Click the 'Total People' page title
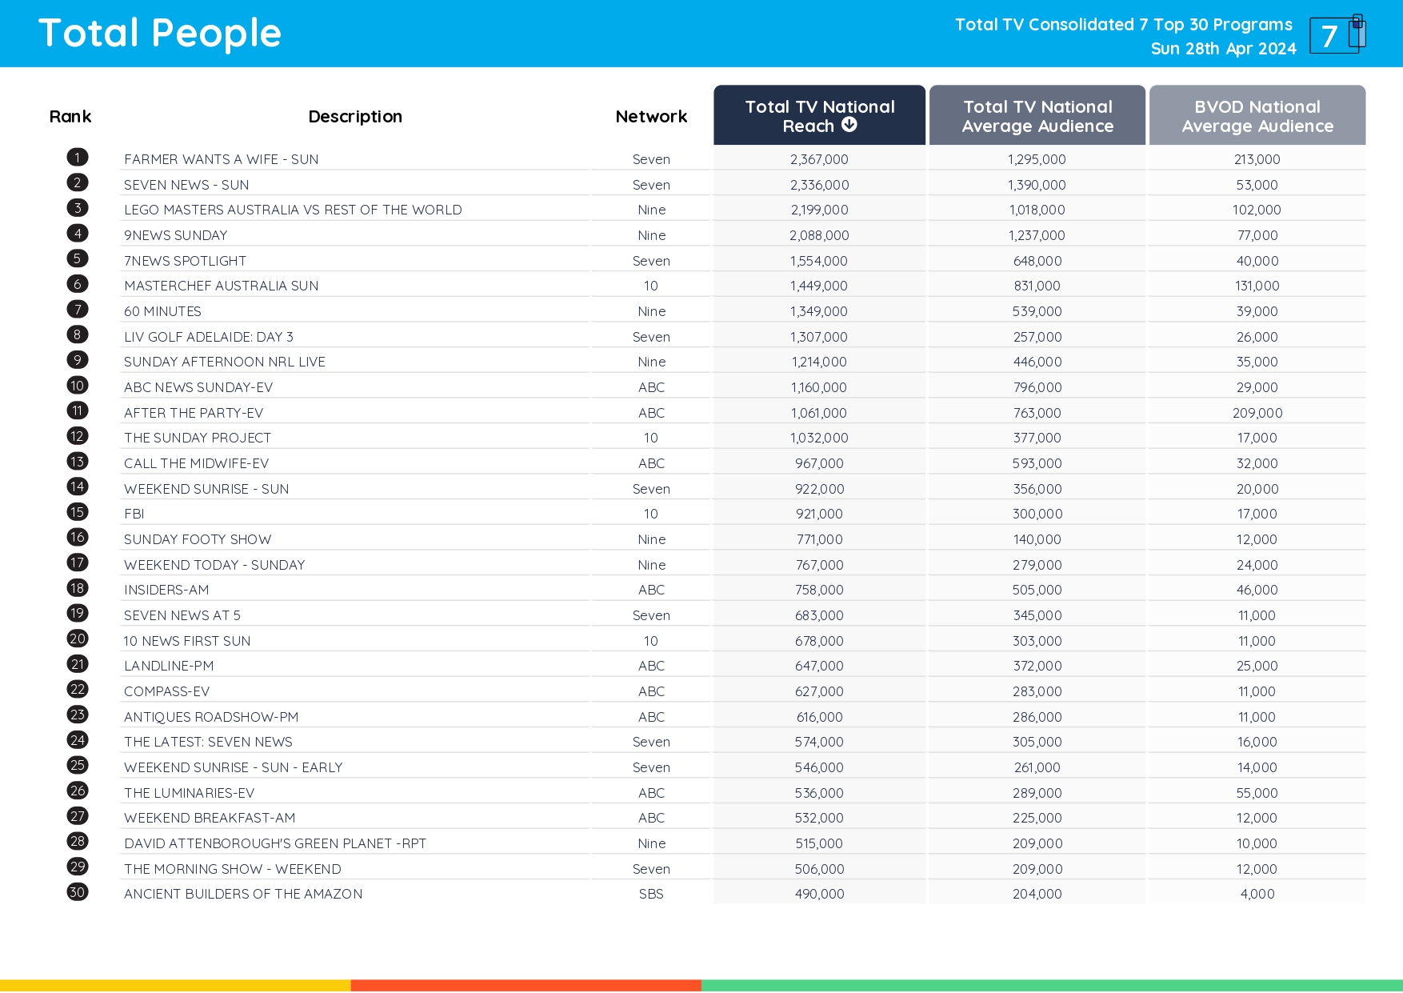pyautogui.click(x=160, y=34)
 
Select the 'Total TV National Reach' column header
pyautogui.click(x=819, y=116)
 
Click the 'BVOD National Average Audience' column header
pyautogui.click(x=1257, y=116)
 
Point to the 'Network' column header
pyautogui.click(x=651, y=117)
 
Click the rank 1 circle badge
pyautogui.click(x=78, y=158)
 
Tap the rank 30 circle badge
pyautogui.click(x=78, y=892)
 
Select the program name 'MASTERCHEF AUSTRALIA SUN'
pyautogui.click(x=221, y=286)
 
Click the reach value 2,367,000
pyautogui.click(x=819, y=159)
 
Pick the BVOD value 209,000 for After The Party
pyautogui.click(x=1257, y=413)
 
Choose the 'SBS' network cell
pyautogui.click(x=651, y=894)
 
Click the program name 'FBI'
pyautogui.click(x=134, y=514)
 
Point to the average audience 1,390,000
pyautogui.click(x=1037, y=185)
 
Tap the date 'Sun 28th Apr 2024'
pyautogui.click(x=1223, y=49)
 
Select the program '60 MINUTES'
pyautogui.click(x=162, y=311)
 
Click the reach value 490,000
pyautogui.click(x=819, y=894)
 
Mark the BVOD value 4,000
pyautogui.click(x=1257, y=894)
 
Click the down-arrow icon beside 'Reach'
pyautogui.click(x=849, y=125)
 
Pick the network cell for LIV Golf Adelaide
pyautogui.click(x=651, y=337)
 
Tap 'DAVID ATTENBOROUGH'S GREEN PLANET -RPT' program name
pyautogui.click(x=275, y=843)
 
